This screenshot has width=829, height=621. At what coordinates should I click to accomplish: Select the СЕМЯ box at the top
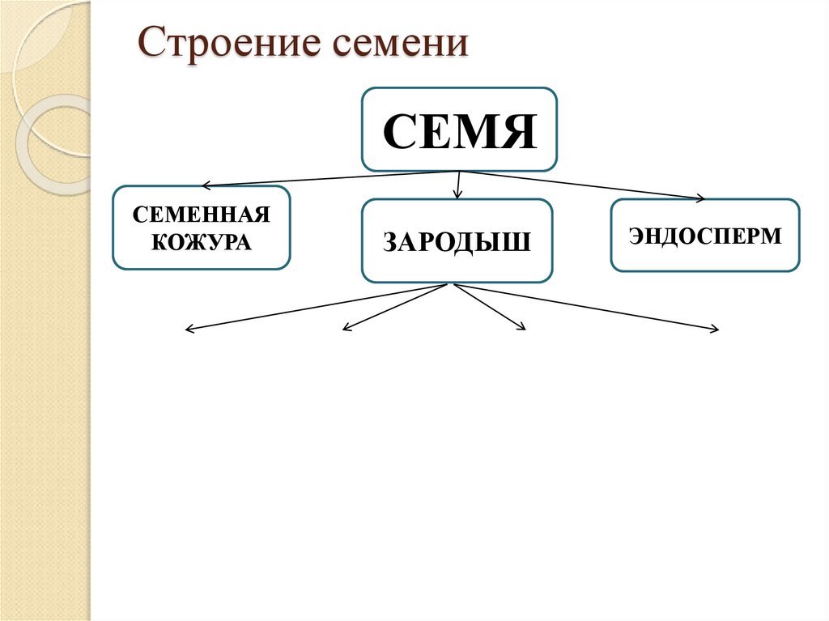(x=459, y=130)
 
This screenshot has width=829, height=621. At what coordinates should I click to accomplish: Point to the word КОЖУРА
(x=202, y=240)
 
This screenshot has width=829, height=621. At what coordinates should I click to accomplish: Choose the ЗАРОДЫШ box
(x=457, y=241)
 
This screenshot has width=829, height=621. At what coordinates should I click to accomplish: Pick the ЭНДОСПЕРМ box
(x=704, y=236)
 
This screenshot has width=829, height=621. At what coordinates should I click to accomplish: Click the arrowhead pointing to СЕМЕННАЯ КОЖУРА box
(x=205, y=185)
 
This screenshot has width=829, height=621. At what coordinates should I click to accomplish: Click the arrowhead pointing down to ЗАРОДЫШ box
(x=457, y=196)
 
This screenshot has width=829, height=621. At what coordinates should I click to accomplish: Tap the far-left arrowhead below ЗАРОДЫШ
(x=189, y=330)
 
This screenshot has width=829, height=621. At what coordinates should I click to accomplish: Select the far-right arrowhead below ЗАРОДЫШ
(x=715, y=330)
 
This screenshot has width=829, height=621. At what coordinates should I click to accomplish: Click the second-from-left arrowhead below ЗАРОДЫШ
(x=346, y=328)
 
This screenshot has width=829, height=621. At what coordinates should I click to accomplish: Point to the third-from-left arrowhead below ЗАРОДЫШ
(x=522, y=328)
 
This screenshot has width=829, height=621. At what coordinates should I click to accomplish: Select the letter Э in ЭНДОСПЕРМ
(x=636, y=236)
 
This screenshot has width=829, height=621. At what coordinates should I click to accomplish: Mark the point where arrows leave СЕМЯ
(x=460, y=171)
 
